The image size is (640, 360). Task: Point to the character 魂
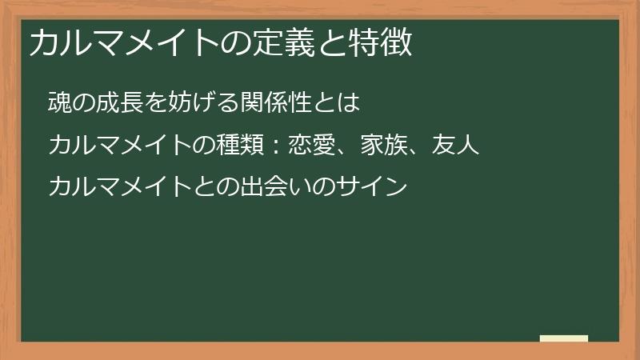pos(59,104)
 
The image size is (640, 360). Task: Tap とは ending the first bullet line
pos(341,104)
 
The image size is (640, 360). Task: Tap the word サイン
pos(374,188)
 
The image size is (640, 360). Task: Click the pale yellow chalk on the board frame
pos(563,338)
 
